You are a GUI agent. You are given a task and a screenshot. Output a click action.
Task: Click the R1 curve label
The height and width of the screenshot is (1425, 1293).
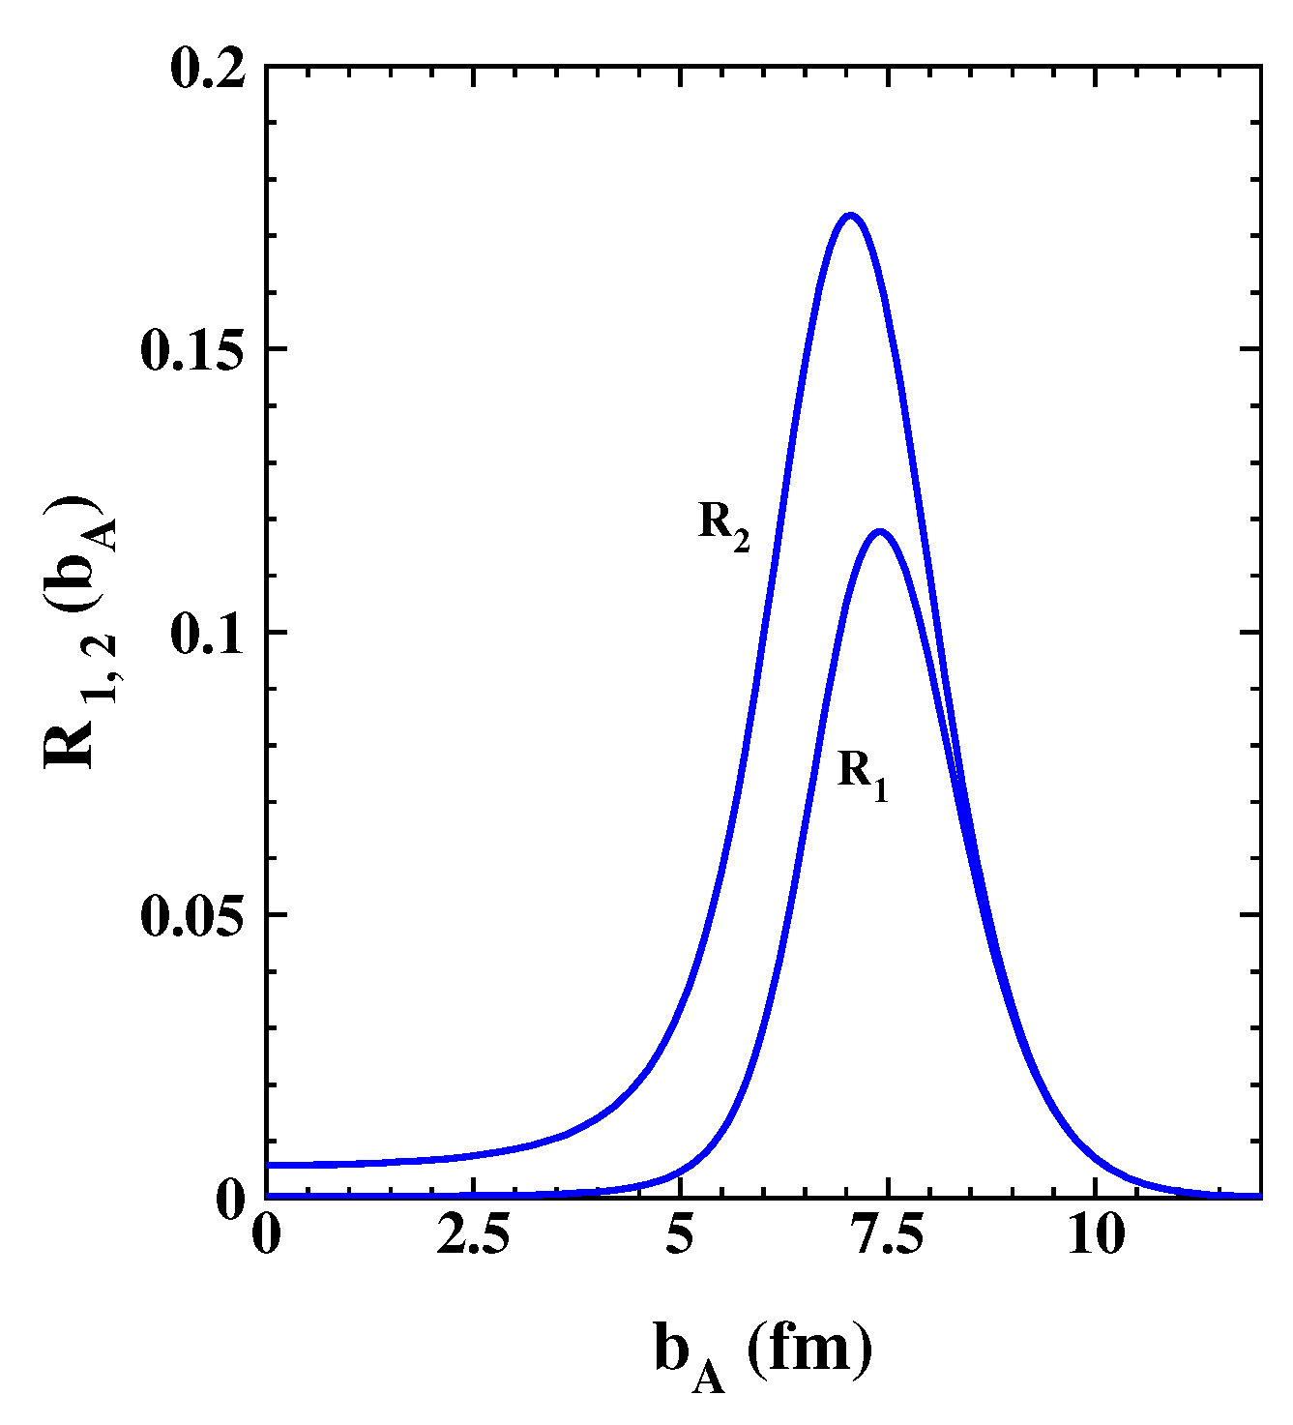tap(862, 775)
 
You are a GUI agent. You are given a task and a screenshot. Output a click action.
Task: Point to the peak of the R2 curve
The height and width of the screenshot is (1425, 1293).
tap(850, 215)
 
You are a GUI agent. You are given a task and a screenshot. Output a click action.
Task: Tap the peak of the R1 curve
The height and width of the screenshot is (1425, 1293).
tap(880, 531)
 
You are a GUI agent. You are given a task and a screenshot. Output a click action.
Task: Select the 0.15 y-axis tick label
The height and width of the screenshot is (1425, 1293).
tap(194, 349)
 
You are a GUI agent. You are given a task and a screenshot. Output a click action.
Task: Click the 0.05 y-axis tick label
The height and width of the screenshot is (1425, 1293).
tap(194, 915)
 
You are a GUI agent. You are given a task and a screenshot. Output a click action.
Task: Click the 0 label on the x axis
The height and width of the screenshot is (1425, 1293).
tap(266, 1235)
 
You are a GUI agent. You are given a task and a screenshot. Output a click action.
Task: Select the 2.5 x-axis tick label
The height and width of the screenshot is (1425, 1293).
tap(473, 1235)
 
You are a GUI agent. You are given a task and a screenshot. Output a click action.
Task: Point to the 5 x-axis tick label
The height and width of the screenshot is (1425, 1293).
tap(681, 1235)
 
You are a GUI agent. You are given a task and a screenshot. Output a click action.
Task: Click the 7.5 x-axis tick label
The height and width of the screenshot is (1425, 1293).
tap(888, 1235)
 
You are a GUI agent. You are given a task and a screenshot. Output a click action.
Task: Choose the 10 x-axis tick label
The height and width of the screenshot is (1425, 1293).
tap(1096, 1235)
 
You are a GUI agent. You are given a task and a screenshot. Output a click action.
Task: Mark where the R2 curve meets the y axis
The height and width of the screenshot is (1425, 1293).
tap(267, 1165)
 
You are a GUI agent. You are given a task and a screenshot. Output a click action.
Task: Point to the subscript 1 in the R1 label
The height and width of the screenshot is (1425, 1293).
tap(879, 788)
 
